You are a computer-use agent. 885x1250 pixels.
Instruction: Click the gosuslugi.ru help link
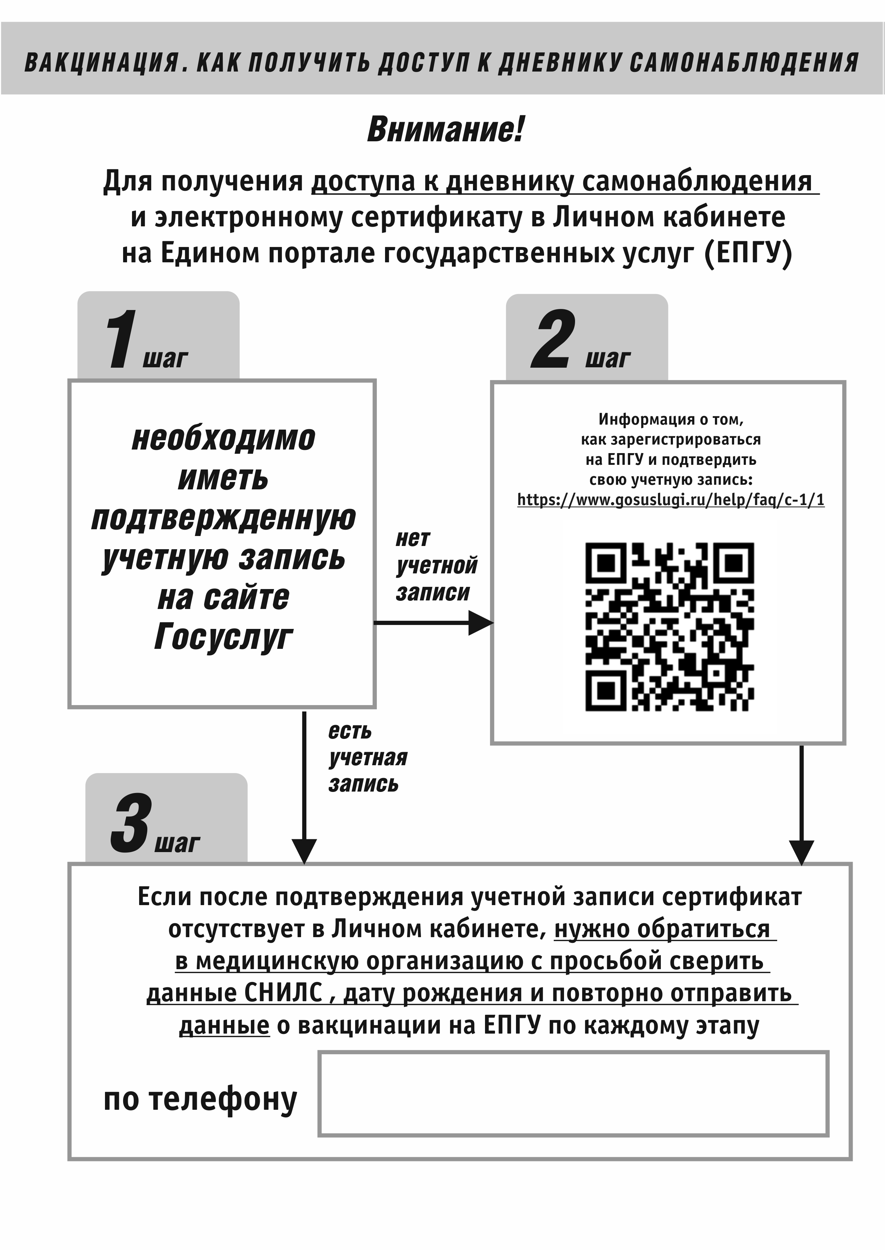[670, 500]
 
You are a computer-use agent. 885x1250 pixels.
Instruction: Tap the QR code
[670, 627]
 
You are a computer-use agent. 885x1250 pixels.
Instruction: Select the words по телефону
[201, 1099]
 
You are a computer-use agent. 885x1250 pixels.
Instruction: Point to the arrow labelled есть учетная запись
[305, 788]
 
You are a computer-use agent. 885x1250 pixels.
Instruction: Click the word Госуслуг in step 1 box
[223, 637]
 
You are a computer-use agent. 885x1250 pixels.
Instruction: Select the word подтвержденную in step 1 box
[223, 518]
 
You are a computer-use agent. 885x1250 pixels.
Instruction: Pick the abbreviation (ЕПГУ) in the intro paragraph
[748, 253]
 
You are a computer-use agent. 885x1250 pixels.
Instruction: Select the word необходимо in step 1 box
[223, 438]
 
